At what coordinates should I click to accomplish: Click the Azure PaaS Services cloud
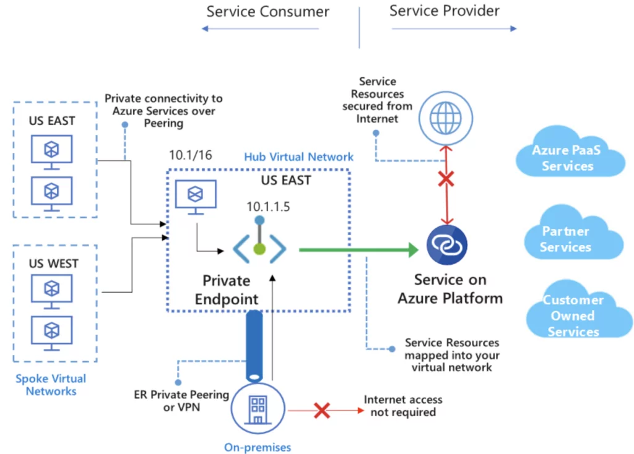(570, 153)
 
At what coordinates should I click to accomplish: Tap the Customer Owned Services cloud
(579, 311)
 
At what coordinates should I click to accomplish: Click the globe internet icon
(446, 118)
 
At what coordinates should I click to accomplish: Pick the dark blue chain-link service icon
(447, 245)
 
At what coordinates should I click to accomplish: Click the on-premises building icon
(258, 409)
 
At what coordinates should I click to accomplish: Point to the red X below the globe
(446, 179)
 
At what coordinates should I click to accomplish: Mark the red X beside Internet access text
(322, 410)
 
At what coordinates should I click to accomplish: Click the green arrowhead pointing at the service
(413, 250)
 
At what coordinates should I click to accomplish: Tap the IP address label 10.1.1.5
(268, 207)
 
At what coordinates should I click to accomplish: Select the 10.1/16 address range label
(191, 155)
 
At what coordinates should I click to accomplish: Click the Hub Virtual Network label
(299, 156)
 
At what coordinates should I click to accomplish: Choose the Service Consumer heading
(267, 11)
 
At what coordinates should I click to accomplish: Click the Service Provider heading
(445, 11)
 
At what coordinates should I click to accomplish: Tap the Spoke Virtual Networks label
(51, 385)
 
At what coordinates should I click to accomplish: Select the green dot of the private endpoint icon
(259, 249)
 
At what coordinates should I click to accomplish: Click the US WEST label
(53, 263)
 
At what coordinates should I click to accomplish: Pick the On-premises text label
(258, 447)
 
